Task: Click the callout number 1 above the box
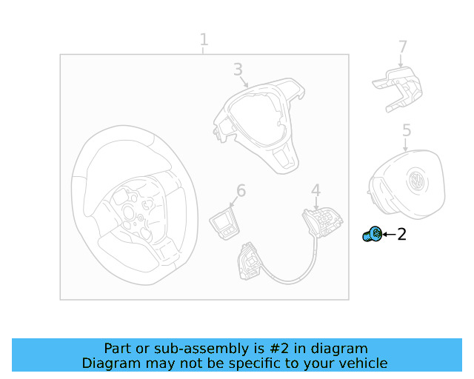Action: (x=204, y=39)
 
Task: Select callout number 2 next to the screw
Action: (x=401, y=234)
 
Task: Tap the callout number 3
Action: (x=238, y=69)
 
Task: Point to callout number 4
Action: (x=316, y=190)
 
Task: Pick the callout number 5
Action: (x=407, y=130)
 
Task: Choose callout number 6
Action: (x=241, y=190)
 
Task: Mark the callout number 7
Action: (x=403, y=47)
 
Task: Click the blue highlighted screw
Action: (x=372, y=234)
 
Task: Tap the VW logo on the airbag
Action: (x=416, y=180)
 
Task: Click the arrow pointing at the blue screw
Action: (x=389, y=234)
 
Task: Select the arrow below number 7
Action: (x=401, y=61)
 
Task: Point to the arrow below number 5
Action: (x=405, y=144)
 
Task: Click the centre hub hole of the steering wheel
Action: (x=128, y=211)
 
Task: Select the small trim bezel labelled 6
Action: (x=224, y=224)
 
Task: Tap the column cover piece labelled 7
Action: (x=398, y=90)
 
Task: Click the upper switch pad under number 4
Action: (x=323, y=221)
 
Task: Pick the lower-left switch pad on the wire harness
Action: (x=250, y=261)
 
